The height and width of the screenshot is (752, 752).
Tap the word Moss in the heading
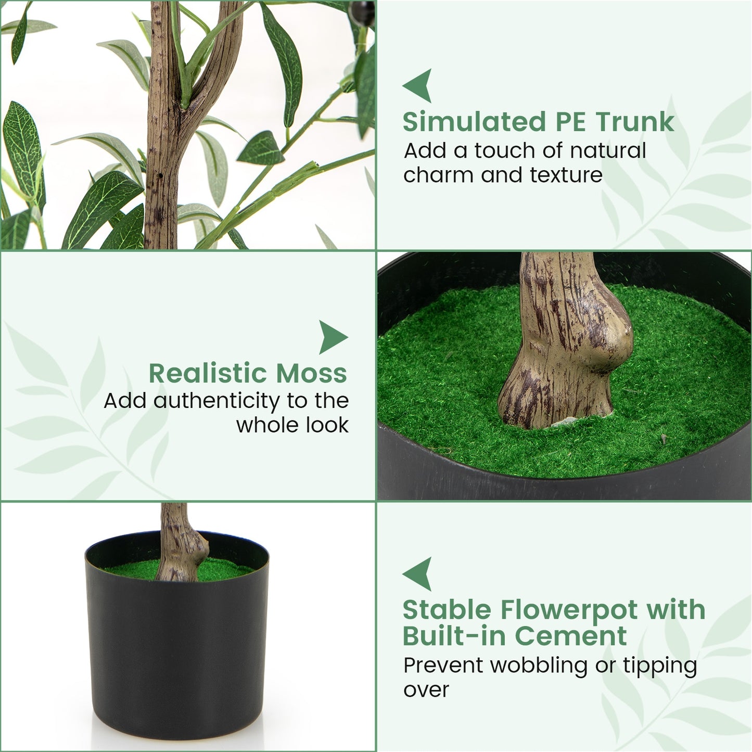(x=311, y=373)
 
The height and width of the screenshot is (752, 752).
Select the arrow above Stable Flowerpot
(x=418, y=573)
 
